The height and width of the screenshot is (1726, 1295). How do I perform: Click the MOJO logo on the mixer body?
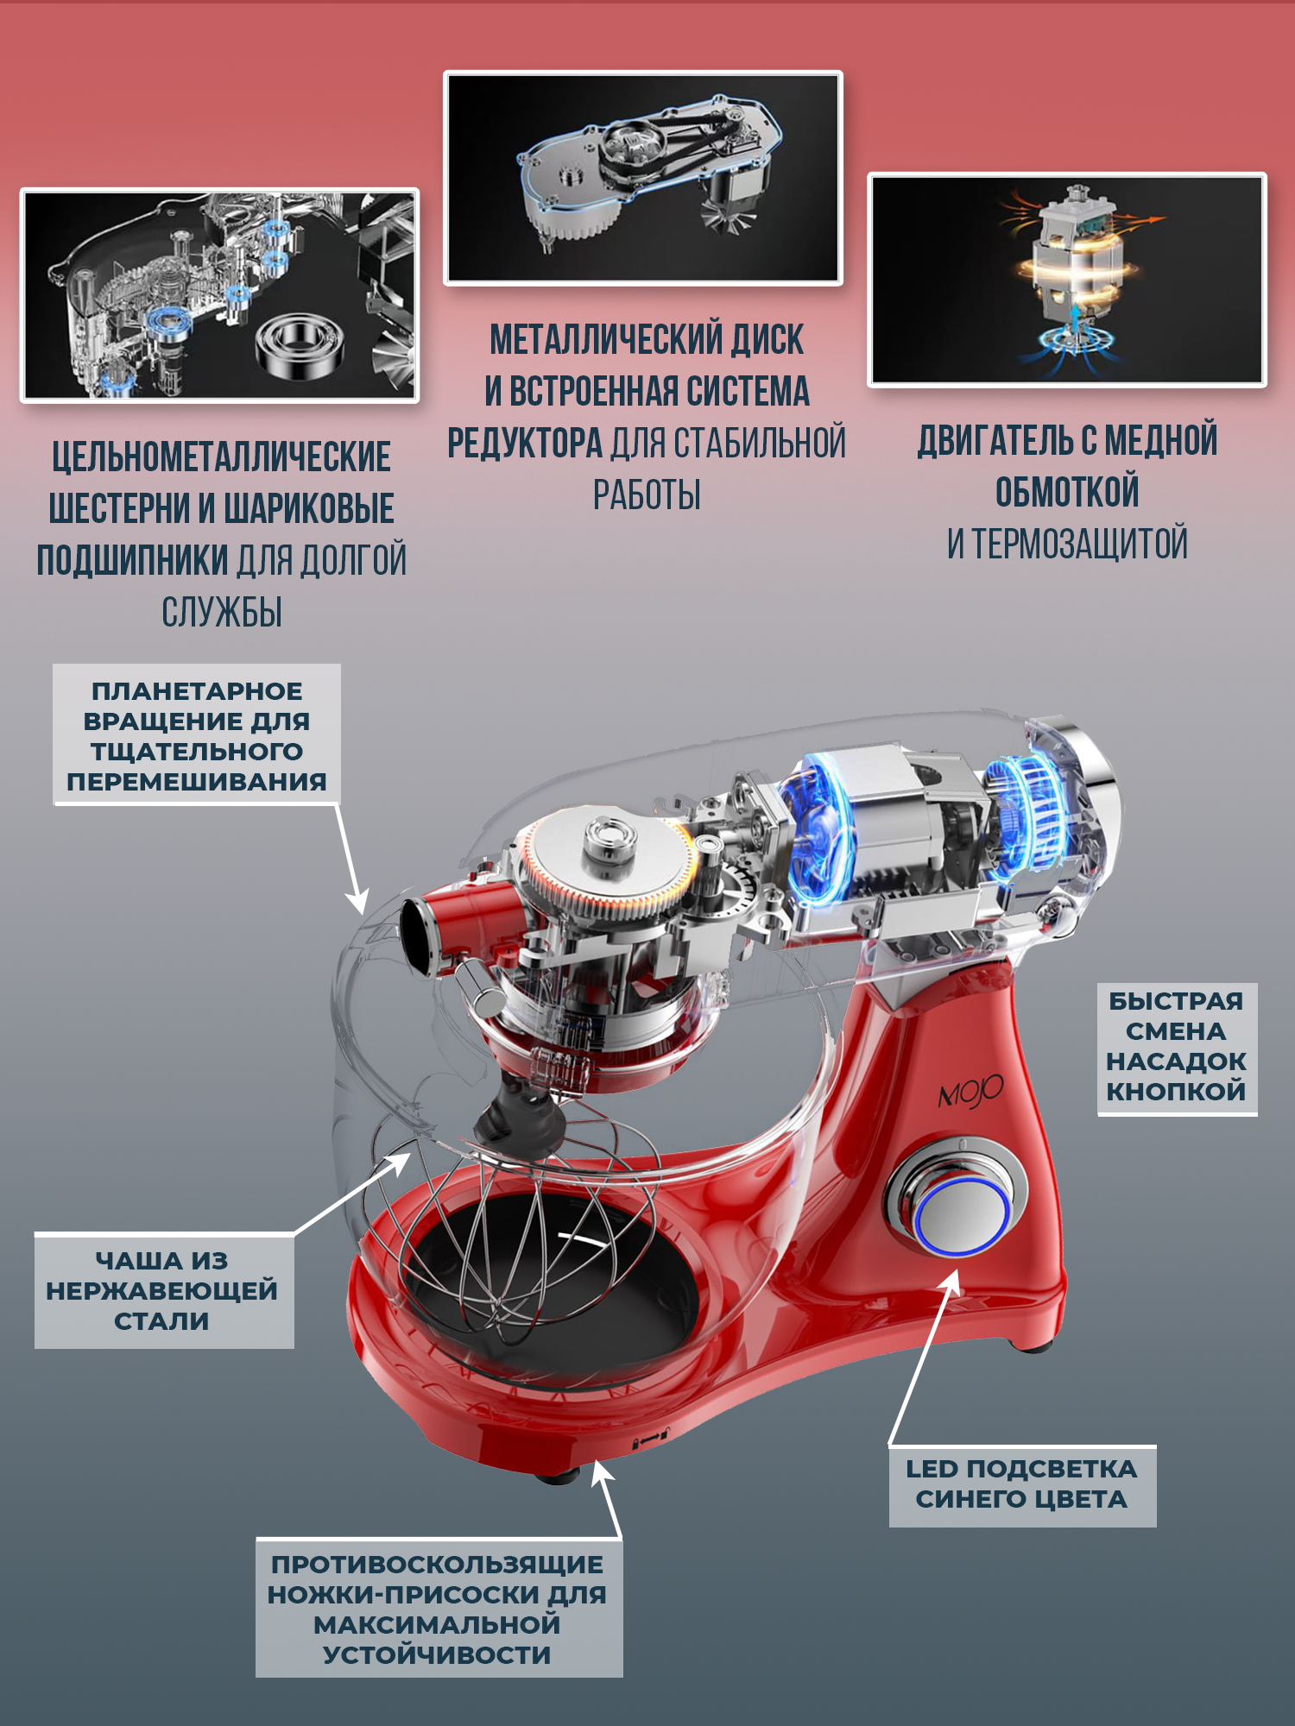[x=970, y=1093]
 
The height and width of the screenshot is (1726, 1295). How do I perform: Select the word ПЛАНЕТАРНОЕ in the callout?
[x=197, y=691]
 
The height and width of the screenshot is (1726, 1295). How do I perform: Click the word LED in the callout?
[x=932, y=1469]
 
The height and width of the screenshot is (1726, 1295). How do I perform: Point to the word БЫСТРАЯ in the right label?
[x=1176, y=1001]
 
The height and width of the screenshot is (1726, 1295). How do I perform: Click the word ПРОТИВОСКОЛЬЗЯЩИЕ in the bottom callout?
[x=438, y=1565]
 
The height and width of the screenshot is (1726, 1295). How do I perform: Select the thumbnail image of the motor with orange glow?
[x=1067, y=280]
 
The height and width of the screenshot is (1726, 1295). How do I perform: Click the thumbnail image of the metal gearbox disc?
[x=643, y=178]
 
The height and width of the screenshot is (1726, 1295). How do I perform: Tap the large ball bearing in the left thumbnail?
[x=301, y=344]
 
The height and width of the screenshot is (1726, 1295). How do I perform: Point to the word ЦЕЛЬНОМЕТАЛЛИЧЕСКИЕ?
[x=221, y=457]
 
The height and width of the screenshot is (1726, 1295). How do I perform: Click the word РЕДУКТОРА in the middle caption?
[x=525, y=444]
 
